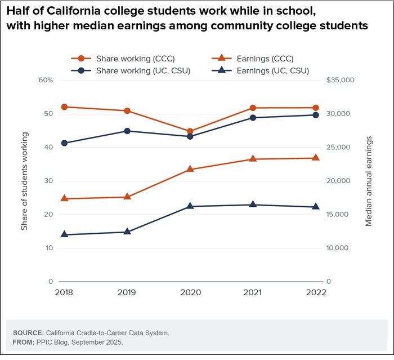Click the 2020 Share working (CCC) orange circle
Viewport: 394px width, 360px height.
click(190, 131)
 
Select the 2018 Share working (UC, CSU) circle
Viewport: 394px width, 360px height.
click(64, 143)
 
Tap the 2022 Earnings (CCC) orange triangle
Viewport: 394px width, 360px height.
click(315, 158)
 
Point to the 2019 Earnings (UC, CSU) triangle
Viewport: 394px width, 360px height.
click(127, 232)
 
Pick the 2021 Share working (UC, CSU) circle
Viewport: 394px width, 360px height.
click(253, 118)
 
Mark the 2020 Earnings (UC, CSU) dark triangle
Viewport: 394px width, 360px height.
click(190, 206)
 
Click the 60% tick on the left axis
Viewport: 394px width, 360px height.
click(45, 80)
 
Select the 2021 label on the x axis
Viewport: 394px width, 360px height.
click(253, 292)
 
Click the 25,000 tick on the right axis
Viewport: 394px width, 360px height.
click(338, 147)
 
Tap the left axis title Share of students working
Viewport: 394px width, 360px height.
click(24, 181)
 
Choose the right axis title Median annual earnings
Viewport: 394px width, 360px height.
click(369, 181)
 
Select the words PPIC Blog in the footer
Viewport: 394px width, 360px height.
click(51, 342)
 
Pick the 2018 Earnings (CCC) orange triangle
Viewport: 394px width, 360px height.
click(64, 198)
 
